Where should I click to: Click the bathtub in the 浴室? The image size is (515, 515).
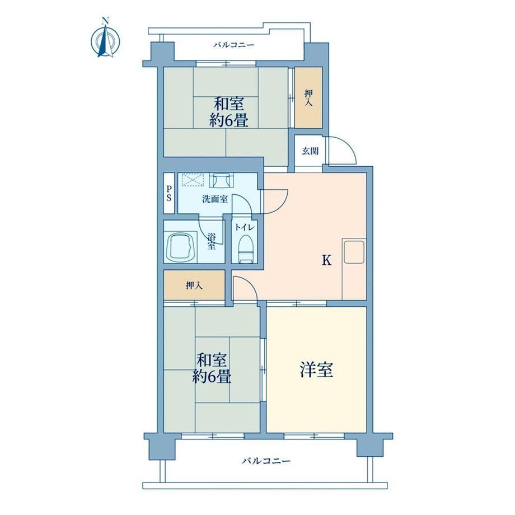coord(180,247)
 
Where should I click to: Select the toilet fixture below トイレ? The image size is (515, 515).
coord(247,249)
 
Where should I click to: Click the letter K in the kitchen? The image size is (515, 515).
coord(326,260)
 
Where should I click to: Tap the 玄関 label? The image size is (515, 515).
coord(310,151)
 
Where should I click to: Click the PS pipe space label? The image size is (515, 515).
coord(169,194)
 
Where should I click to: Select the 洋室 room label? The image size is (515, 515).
coord(317,369)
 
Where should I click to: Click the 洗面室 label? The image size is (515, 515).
coord(215,199)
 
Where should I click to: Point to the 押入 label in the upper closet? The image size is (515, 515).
coord(308,98)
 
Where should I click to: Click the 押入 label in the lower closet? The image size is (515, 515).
coord(194,285)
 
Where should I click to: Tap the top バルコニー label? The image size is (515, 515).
coord(234,45)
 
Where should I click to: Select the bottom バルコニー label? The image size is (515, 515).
coord(266,461)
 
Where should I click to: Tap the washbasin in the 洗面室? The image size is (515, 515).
coord(221,180)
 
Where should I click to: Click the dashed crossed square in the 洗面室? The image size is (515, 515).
coord(193,180)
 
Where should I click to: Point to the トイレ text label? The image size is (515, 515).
coord(245,227)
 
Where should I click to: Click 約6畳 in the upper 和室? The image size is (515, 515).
coord(229,120)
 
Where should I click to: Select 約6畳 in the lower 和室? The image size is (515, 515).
coord(212,376)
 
